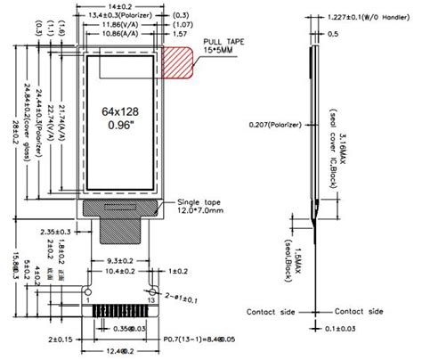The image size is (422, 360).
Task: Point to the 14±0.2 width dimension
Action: point(128,6)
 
